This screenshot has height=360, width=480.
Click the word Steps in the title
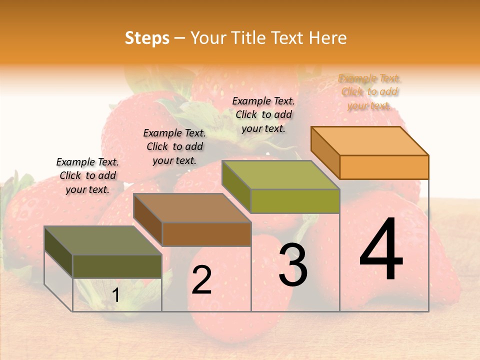[x=147, y=38]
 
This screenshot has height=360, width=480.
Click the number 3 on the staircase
[x=292, y=265]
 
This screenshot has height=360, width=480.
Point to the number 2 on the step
[x=202, y=280]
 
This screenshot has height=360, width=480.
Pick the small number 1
[x=115, y=295]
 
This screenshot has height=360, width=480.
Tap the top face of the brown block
[x=192, y=208]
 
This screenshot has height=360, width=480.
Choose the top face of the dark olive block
[x=103, y=240]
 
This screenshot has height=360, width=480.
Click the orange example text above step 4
[x=369, y=92]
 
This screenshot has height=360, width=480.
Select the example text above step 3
[x=263, y=114]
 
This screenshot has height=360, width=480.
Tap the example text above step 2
[x=174, y=146]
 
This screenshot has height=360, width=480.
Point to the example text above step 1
[x=87, y=175]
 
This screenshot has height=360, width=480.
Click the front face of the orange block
[x=384, y=167]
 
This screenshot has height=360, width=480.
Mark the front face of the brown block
[x=206, y=234]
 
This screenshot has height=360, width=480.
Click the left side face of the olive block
[x=58, y=252]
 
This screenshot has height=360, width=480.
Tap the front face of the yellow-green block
[x=295, y=201]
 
